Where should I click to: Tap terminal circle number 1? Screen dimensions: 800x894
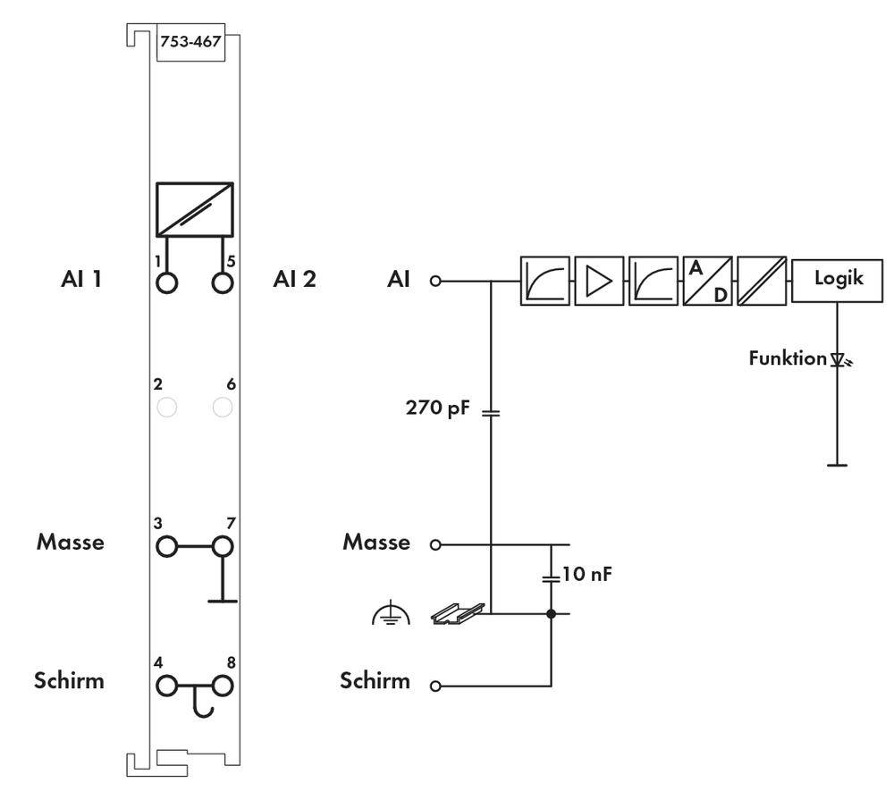point(166,282)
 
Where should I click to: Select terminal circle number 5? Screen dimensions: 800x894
point(223,282)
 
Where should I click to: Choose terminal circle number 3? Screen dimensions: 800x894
point(166,545)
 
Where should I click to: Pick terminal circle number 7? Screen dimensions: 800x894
point(223,545)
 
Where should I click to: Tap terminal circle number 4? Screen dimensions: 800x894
point(166,686)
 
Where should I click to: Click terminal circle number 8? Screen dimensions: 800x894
point(223,686)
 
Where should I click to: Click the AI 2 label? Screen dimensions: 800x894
point(294,279)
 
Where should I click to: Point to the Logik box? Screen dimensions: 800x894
point(838,279)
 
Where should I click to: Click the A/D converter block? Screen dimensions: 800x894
point(707,281)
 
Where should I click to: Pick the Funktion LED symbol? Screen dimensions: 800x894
point(839,359)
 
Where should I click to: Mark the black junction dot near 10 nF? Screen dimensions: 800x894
point(551,613)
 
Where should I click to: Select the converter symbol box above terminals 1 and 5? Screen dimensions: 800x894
point(194,209)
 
